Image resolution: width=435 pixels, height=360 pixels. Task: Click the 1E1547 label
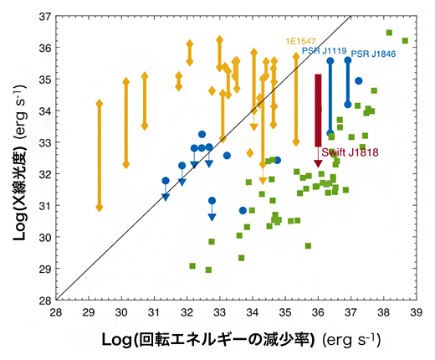click(301, 40)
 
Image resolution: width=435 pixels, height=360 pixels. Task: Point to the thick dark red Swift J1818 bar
click(318, 109)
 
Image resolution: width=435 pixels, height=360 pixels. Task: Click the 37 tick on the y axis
click(43, 16)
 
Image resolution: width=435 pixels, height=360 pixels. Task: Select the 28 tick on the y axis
click(43, 300)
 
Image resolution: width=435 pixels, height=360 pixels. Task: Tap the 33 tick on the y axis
click(43, 142)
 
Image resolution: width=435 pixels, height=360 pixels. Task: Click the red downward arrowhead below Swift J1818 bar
click(318, 163)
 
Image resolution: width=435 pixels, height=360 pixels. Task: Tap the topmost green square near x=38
click(389, 33)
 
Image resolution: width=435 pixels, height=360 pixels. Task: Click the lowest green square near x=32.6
click(208, 270)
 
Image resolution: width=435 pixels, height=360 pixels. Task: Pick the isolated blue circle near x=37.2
click(358, 81)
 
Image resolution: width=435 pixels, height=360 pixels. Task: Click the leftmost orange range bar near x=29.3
click(100, 155)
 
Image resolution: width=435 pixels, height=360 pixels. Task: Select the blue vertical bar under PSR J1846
click(347, 82)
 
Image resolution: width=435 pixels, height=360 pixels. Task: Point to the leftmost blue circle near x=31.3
click(166, 181)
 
